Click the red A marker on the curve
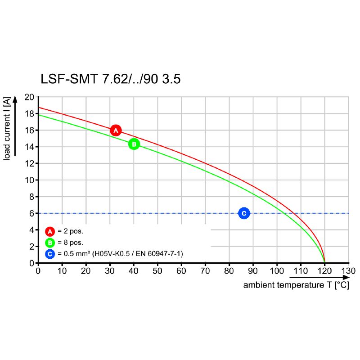coord(116,130)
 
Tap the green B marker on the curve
coord(134,144)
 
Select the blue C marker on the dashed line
coord(244,213)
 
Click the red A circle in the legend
coord(50,231)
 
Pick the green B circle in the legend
coord(50,243)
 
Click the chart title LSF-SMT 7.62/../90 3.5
coord(111,80)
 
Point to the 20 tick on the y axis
coord(29,97)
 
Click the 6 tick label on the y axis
coord(31,213)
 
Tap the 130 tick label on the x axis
coord(349,271)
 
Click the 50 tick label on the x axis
coord(157,271)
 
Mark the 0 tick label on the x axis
coord(38,271)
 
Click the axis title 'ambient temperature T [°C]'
coord(296,285)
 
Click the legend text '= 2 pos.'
coord(71,231)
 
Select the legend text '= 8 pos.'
coord(71,243)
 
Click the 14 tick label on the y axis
coord(29,147)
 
